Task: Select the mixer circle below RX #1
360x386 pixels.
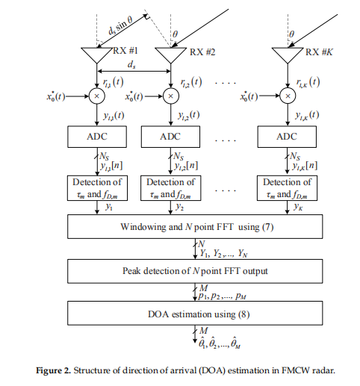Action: pyautogui.click(x=99, y=96)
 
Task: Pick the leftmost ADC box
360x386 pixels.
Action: pyautogui.click(x=99, y=137)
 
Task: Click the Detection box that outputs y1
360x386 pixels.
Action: pyautogui.click(x=99, y=187)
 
